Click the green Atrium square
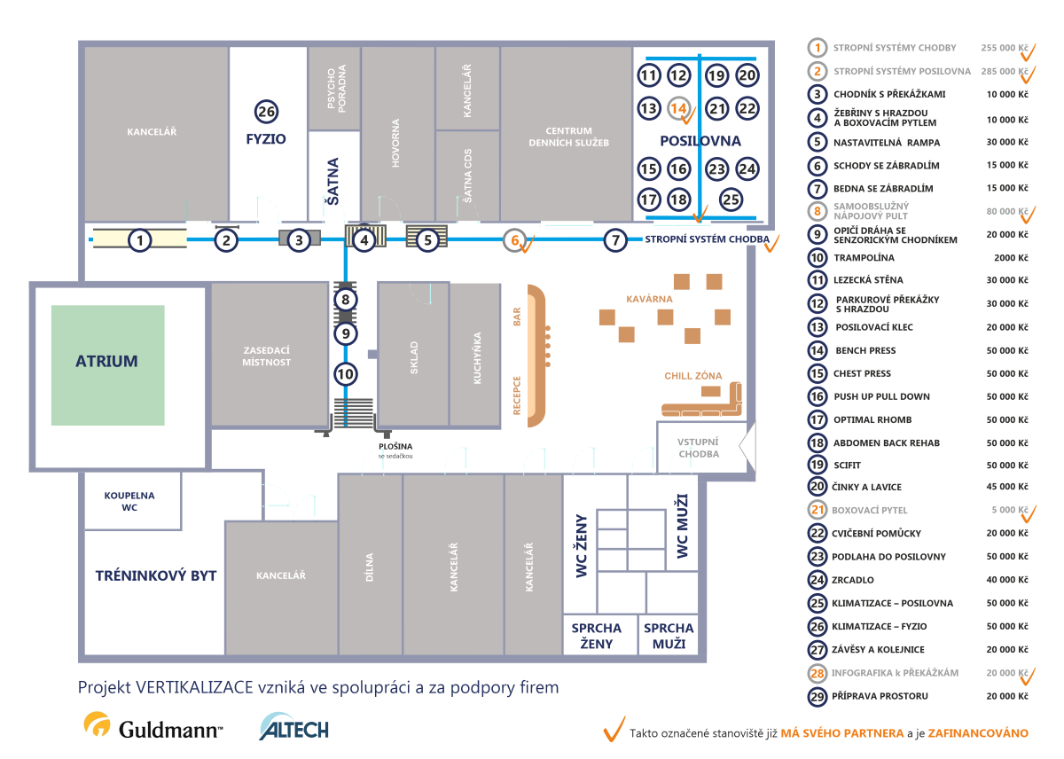[x=108, y=364]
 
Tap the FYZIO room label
[x=266, y=139]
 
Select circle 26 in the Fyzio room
[x=267, y=112]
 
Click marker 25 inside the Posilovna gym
[x=731, y=200]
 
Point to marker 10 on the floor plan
[x=345, y=374]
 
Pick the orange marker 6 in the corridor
[x=515, y=240]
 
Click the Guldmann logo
[x=153, y=726]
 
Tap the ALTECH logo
[x=294, y=727]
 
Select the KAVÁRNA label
[x=649, y=299]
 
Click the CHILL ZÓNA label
[x=693, y=376]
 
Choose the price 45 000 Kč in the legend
[x=1007, y=487]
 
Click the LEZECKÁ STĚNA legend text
[x=868, y=280]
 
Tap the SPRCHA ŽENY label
[x=597, y=636]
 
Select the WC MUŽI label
[x=682, y=526]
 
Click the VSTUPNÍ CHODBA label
[x=699, y=448]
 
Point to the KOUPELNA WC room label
[x=129, y=502]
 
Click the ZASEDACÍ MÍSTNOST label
[x=267, y=356]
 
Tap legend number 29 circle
[x=817, y=696]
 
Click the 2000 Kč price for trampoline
[x=1011, y=258]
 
